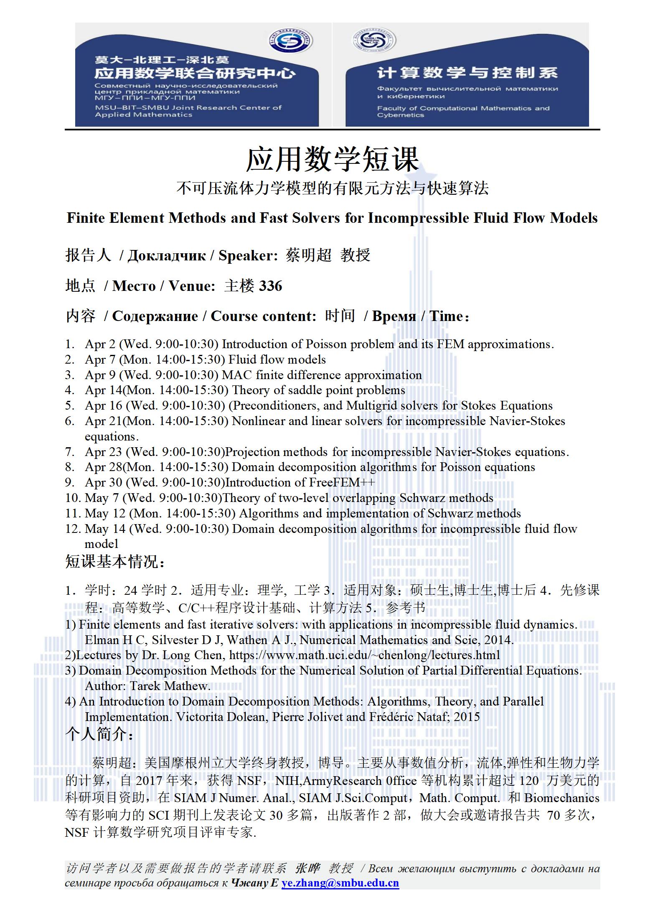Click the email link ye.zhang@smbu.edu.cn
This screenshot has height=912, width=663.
point(340,883)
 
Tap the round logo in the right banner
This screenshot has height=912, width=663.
point(373,41)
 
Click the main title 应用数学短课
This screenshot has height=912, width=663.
point(332,159)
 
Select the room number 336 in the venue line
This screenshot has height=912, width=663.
point(271,286)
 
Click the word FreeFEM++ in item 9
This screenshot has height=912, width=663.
point(342,482)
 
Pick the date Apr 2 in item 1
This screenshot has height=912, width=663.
point(100,344)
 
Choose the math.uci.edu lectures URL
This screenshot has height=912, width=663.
point(364,655)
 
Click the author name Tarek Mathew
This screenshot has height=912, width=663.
point(170,686)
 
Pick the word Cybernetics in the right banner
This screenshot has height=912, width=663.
point(401,115)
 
